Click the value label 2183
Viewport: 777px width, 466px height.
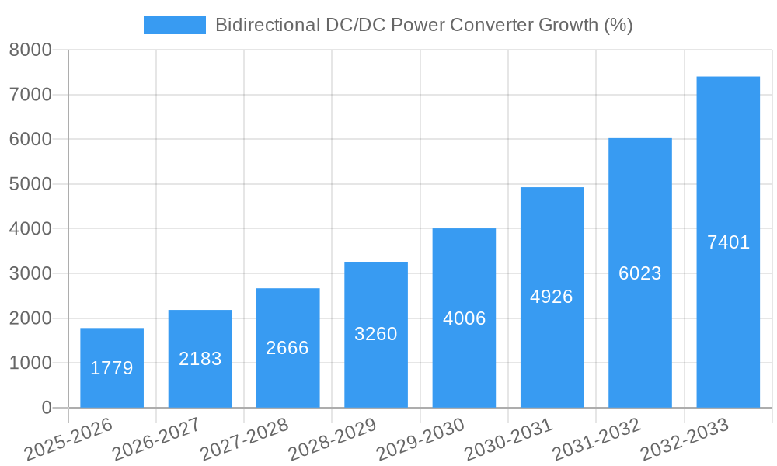coord(200,359)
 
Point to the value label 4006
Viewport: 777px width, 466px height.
coord(464,318)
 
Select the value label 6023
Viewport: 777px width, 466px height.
coord(640,273)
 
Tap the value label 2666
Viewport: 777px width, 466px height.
coord(287,348)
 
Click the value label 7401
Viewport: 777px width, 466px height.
coord(728,242)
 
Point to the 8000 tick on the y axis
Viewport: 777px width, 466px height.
coord(30,50)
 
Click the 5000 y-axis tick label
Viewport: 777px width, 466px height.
coord(30,185)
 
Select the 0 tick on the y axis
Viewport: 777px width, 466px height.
coord(46,408)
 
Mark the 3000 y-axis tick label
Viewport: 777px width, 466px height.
coord(30,274)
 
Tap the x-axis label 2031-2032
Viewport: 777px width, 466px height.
coord(597,439)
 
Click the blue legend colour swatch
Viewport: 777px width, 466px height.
coord(174,25)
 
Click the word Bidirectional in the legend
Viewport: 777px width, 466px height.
coord(261,25)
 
